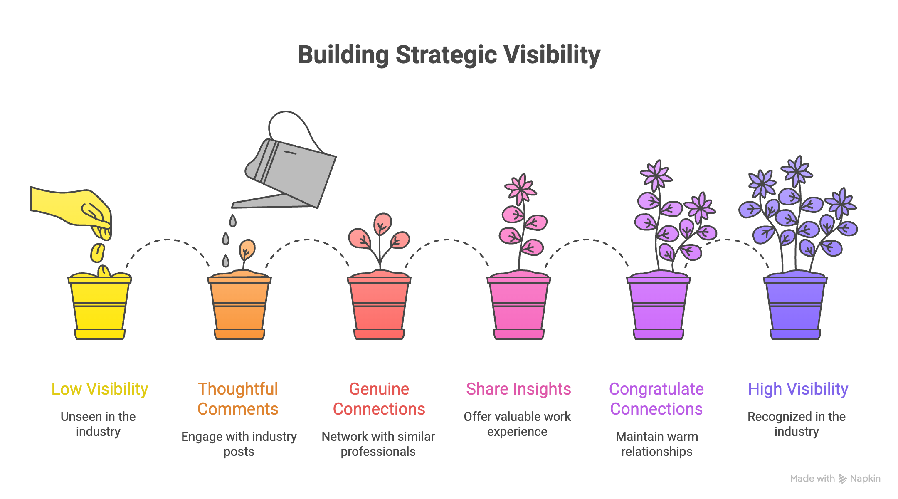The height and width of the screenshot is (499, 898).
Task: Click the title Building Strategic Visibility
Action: point(449,55)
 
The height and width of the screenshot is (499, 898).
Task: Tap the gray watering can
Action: point(295,170)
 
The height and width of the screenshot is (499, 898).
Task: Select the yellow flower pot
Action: point(100,308)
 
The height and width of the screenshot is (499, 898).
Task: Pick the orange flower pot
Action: point(239,308)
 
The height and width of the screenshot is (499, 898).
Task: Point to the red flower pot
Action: point(379,308)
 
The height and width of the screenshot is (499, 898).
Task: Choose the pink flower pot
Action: point(519,308)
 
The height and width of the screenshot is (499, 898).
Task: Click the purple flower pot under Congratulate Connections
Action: point(659,308)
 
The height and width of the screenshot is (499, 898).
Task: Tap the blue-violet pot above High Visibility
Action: point(795,308)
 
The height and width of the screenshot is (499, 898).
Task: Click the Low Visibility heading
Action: point(100,389)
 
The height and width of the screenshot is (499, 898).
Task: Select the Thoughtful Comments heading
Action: point(238,399)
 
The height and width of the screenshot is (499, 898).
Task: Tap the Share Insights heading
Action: point(518,389)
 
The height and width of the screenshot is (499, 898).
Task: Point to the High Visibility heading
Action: point(798,389)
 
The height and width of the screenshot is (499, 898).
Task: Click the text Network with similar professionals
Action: point(378,444)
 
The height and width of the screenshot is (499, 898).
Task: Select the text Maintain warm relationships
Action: point(657,444)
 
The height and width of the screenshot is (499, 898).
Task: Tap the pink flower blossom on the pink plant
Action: point(521,190)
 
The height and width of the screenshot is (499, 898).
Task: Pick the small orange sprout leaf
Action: point(247,249)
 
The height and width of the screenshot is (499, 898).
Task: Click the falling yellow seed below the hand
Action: point(98,253)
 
